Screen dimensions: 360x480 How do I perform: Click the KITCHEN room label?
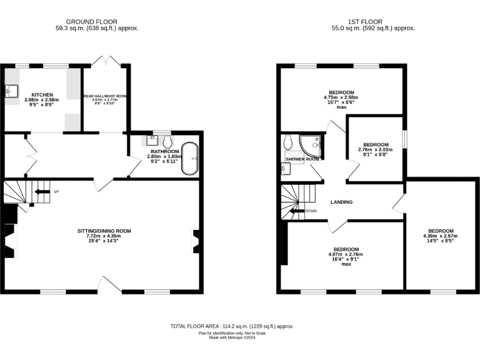pyautogui.click(x=34, y=94)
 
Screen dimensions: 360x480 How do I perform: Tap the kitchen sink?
pyautogui.click(x=12, y=92)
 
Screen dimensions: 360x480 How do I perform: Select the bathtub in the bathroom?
pyautogui.click(x=189, y=159)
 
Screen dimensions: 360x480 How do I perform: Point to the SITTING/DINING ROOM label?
pyautogui.click(x=104, y=231)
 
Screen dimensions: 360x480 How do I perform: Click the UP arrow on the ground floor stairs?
pyautogui.click(x=42, y=191)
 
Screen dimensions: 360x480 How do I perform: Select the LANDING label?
pyautogui.click(x=341, y=202)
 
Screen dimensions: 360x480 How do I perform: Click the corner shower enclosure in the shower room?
pyautogui.click(x=311, y=144)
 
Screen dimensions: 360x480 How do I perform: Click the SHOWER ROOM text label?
pyautogui.click(x=302, y=159)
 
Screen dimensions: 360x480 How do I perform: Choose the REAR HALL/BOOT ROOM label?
pyautogui.click(x=105, y=96)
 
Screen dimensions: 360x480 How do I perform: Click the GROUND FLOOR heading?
pyautogui.click(x=91, y=22)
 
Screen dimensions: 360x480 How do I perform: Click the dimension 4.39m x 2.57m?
pyautogui.click(x=441, y=236)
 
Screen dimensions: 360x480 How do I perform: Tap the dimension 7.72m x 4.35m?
pyautogui.click(x=104, y=236)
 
